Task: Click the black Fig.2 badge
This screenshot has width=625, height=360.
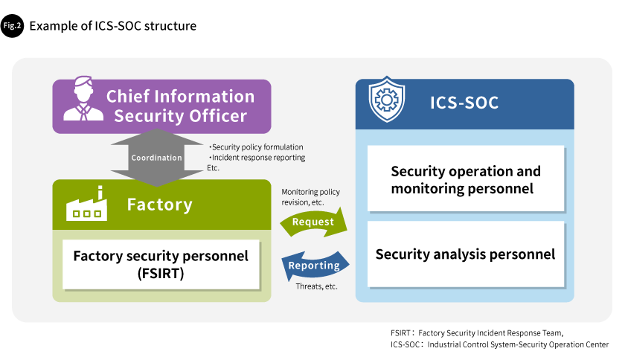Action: click(x=12, y=26)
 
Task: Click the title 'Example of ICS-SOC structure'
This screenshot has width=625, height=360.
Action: click(x=113, y=26)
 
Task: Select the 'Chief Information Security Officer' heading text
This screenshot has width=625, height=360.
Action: click(x=181, y=106)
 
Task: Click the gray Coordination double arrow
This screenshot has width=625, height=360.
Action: click(x=157, y=158)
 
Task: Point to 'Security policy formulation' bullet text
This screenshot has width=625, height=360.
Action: click(x=256, y=147)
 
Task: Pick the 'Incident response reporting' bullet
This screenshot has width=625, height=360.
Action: click(x=257, y=158)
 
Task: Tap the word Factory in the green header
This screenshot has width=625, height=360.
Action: click(x=159, y=205)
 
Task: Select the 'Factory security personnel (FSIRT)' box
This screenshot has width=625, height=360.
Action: click(x=161, y=264)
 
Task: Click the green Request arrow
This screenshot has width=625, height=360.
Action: click(x=314, y=222)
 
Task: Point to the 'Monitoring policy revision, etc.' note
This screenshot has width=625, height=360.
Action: click(x=310, y=197)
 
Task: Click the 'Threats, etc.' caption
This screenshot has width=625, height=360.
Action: click(x=316, y=286)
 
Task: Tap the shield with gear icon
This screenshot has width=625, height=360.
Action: click(x=387, y=99)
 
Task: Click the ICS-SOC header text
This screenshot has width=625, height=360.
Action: click(x=464, y=103)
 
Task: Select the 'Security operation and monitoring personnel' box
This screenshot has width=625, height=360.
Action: click(x=466, y=179)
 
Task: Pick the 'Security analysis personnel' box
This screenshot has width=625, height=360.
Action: click(x=466, y=254)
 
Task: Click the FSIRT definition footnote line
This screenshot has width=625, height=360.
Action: click(x=477, y=333)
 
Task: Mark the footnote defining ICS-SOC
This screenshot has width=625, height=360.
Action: click(x=499, y=344)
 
